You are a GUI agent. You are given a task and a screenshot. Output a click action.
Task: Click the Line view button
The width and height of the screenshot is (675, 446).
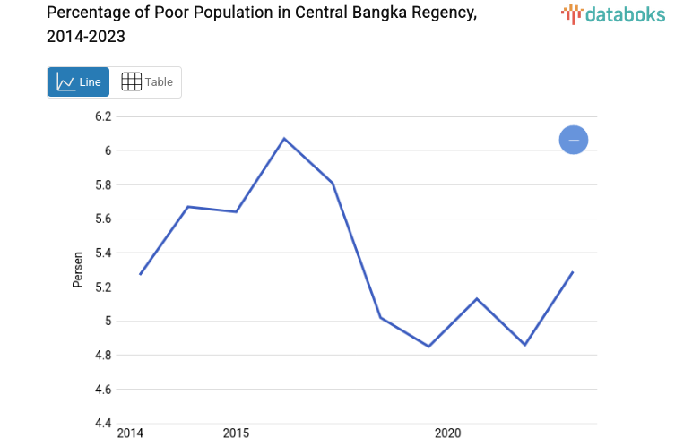click(x=79, y=82)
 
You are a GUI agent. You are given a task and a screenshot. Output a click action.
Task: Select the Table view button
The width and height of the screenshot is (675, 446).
click(x=146, y=82)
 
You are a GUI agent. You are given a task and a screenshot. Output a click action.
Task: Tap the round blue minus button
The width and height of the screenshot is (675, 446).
click(x=573, y=140)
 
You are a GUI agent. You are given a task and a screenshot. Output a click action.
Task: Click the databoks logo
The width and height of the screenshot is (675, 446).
click(x=613, y=13)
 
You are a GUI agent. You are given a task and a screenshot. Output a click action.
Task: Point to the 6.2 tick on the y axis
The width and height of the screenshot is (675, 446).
click(x=103, y=116)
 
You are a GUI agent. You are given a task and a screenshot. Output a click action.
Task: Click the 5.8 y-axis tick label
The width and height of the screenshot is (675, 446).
click(x=103, y=185)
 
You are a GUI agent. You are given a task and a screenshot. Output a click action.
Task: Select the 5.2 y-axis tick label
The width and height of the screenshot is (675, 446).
click(x=103, y=287)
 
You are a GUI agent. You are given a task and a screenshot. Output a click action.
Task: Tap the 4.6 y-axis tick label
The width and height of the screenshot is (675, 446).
click(x=103, y=390)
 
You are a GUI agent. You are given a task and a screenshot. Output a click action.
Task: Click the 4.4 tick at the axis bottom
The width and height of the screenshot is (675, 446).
click(x=103, y=424)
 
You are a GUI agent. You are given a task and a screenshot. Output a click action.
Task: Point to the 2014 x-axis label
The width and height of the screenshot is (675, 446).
click(x=130, y=434)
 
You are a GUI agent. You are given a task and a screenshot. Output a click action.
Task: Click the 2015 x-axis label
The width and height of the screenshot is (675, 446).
click(x=236, y=434)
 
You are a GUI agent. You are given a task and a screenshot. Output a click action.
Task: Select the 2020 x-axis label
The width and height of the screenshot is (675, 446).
click(x=447, y=434)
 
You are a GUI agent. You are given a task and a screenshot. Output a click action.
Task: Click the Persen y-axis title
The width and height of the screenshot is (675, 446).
click(x=78, y=270)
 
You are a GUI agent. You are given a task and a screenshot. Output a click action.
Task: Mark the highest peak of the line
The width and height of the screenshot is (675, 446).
click(x=284, y=139)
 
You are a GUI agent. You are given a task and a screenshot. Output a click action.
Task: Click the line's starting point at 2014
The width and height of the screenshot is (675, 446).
click(x=140, y=274)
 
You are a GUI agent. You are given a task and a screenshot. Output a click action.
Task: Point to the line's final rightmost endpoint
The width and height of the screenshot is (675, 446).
click(x=573, y=271)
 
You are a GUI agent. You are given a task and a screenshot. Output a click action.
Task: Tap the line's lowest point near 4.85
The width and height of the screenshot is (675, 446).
click(x=428, y=346)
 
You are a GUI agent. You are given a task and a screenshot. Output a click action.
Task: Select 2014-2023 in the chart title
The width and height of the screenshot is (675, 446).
click(x=86, y=37)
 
